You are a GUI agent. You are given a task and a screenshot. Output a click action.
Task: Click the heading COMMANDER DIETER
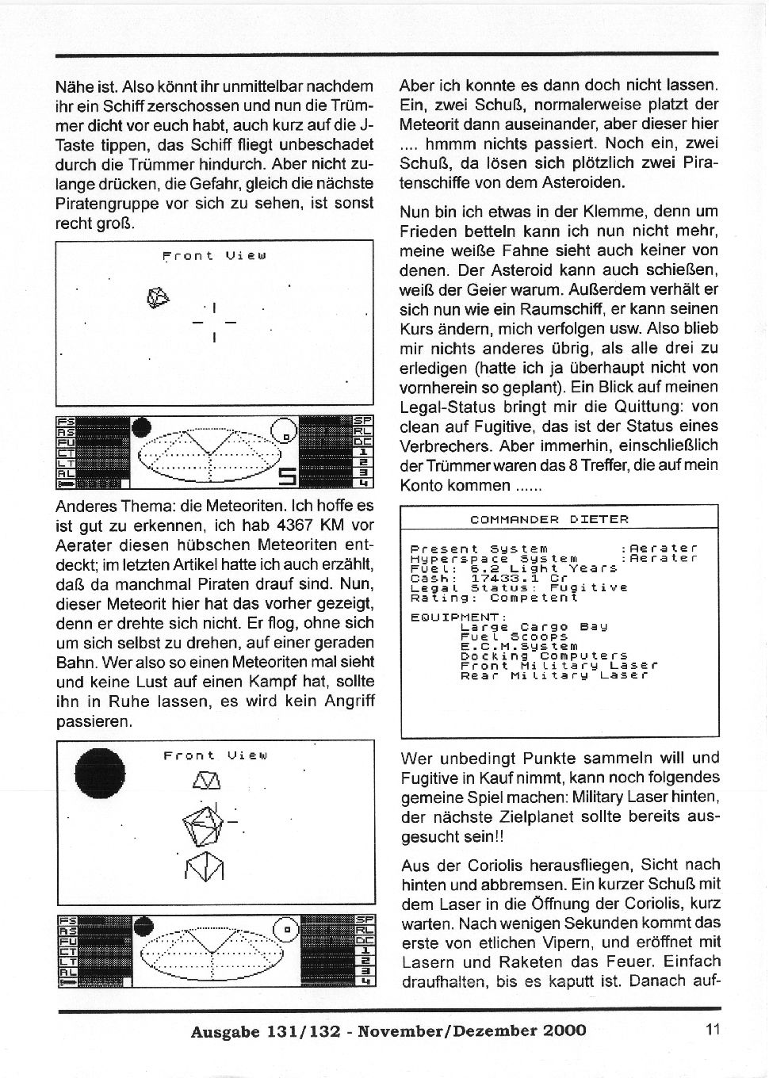[x=549, y=520]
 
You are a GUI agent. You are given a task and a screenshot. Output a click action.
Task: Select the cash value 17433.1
[x=502, y=578]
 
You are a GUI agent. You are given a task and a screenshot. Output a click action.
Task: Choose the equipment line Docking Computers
[x=544, y=656]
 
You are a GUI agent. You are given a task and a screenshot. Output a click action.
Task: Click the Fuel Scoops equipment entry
[x=515, y=636]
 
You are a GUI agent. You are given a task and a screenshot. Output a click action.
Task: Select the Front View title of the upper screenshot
[x=214, y=255]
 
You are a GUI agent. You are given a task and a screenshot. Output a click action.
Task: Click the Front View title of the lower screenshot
[x=215, y=755]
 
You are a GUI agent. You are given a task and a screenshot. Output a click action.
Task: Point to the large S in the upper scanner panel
[x=287, y=476]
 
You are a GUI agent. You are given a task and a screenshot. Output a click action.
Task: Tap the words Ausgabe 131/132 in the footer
[x=266, y=1030]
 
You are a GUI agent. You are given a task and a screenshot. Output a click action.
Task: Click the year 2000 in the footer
[x=564, y=1030]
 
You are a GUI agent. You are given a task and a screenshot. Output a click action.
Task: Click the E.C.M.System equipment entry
[x=519, y=646]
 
